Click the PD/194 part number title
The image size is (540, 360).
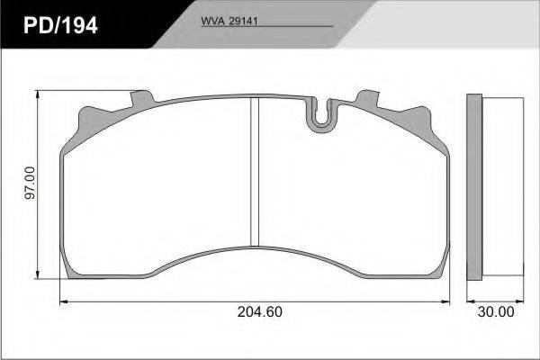point(60,25)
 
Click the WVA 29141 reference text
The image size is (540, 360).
point(229,21)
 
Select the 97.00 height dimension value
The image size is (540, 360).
point(31,183)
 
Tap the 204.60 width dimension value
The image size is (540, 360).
point(260,311)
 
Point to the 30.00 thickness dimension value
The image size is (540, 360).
point(496,311)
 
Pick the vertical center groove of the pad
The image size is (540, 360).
point(254,172)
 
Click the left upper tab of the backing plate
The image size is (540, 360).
point(142,98)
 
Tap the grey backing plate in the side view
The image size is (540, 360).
point(474,187)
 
